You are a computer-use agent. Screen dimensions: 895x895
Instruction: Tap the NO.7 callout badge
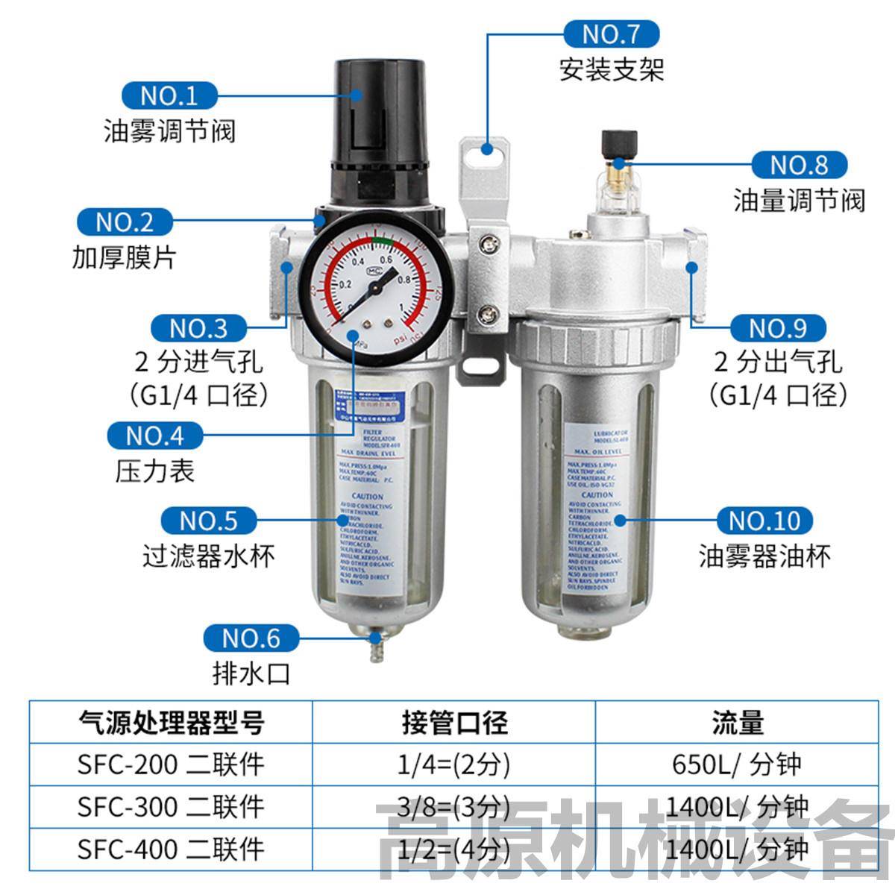(x=611, y=34)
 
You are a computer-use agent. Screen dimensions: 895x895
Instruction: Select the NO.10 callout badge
(x=764, y=521)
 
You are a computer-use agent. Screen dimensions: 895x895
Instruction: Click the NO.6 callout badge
(x=251, y=638)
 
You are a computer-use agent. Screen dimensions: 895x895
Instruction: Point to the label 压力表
(x=155, y=471)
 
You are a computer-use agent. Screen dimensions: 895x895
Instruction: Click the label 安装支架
(x=612, y=70)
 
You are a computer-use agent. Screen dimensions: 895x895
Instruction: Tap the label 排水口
(x=251, y=674)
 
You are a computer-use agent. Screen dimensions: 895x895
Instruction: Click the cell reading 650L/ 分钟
(x=737, y=764)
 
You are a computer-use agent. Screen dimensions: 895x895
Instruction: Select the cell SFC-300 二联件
(x=171, y=806)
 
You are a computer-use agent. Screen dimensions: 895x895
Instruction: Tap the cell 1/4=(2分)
(x=454, y=764)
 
